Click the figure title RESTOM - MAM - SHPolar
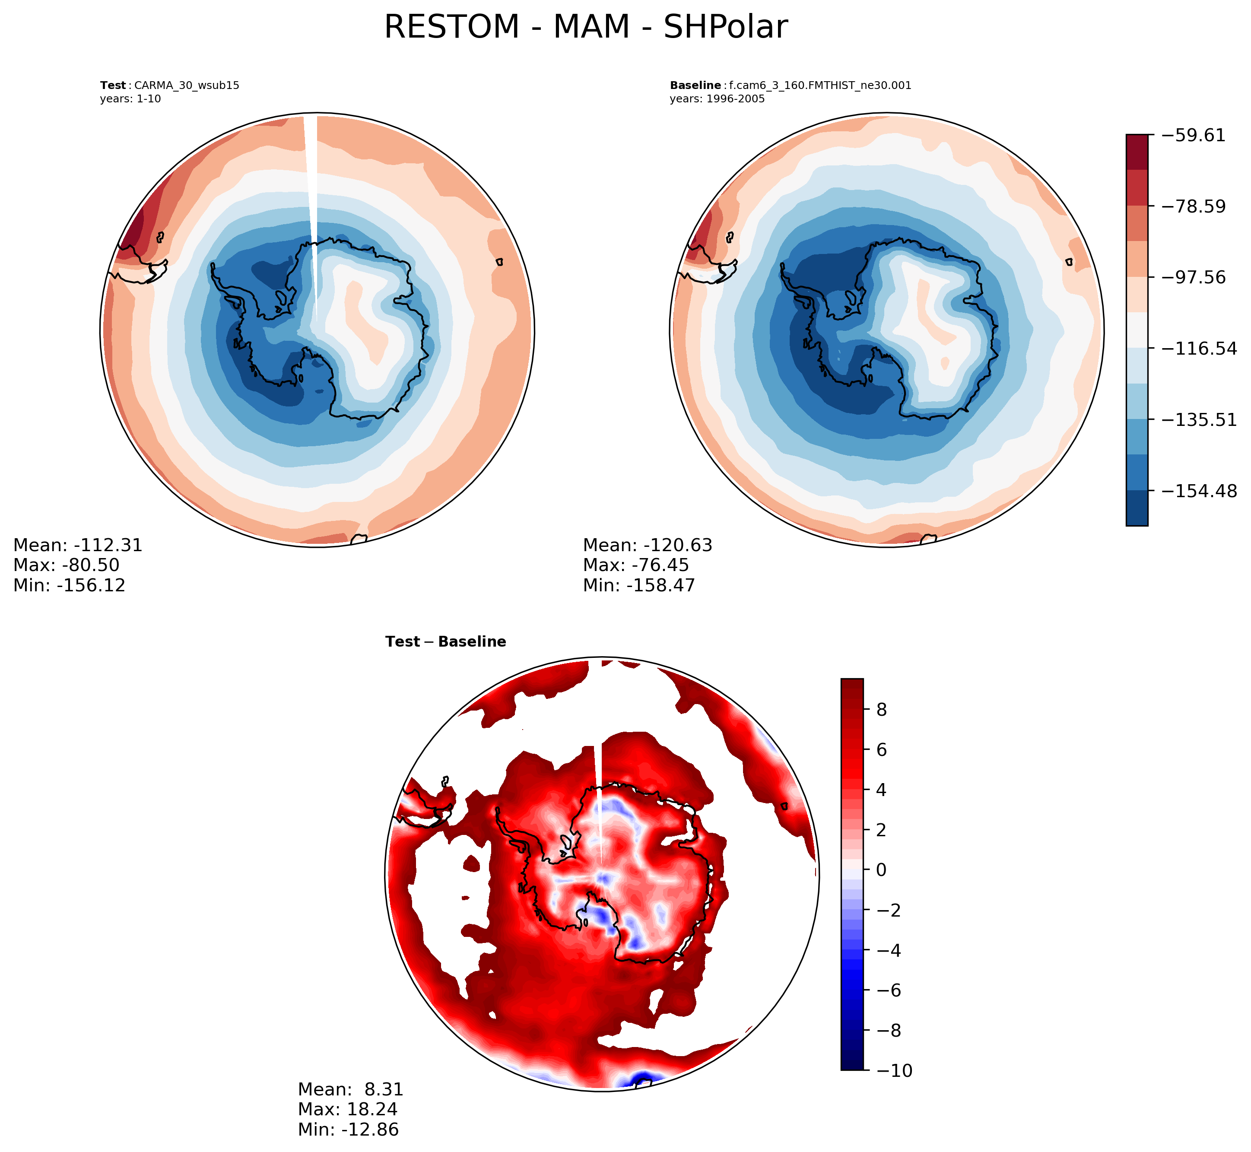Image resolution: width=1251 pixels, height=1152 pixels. [585, 28]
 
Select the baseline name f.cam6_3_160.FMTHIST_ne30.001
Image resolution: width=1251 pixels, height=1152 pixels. [819, 86]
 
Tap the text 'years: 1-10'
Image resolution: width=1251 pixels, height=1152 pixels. [130, 99]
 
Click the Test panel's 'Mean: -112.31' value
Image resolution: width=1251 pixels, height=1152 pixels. [78, 546]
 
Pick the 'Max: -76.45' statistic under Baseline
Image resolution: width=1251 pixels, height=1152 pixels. [636, 565]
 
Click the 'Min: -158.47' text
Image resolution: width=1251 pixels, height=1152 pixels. [639, 585]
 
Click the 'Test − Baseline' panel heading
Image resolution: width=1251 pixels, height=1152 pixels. [446, 642]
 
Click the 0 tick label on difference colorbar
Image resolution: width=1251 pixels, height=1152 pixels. [881, 870]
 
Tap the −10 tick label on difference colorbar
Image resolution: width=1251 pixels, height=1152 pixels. [894, 1071]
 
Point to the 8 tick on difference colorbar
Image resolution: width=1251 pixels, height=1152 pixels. [881, 709]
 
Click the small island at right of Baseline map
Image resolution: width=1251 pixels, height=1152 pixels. [1069, 263]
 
